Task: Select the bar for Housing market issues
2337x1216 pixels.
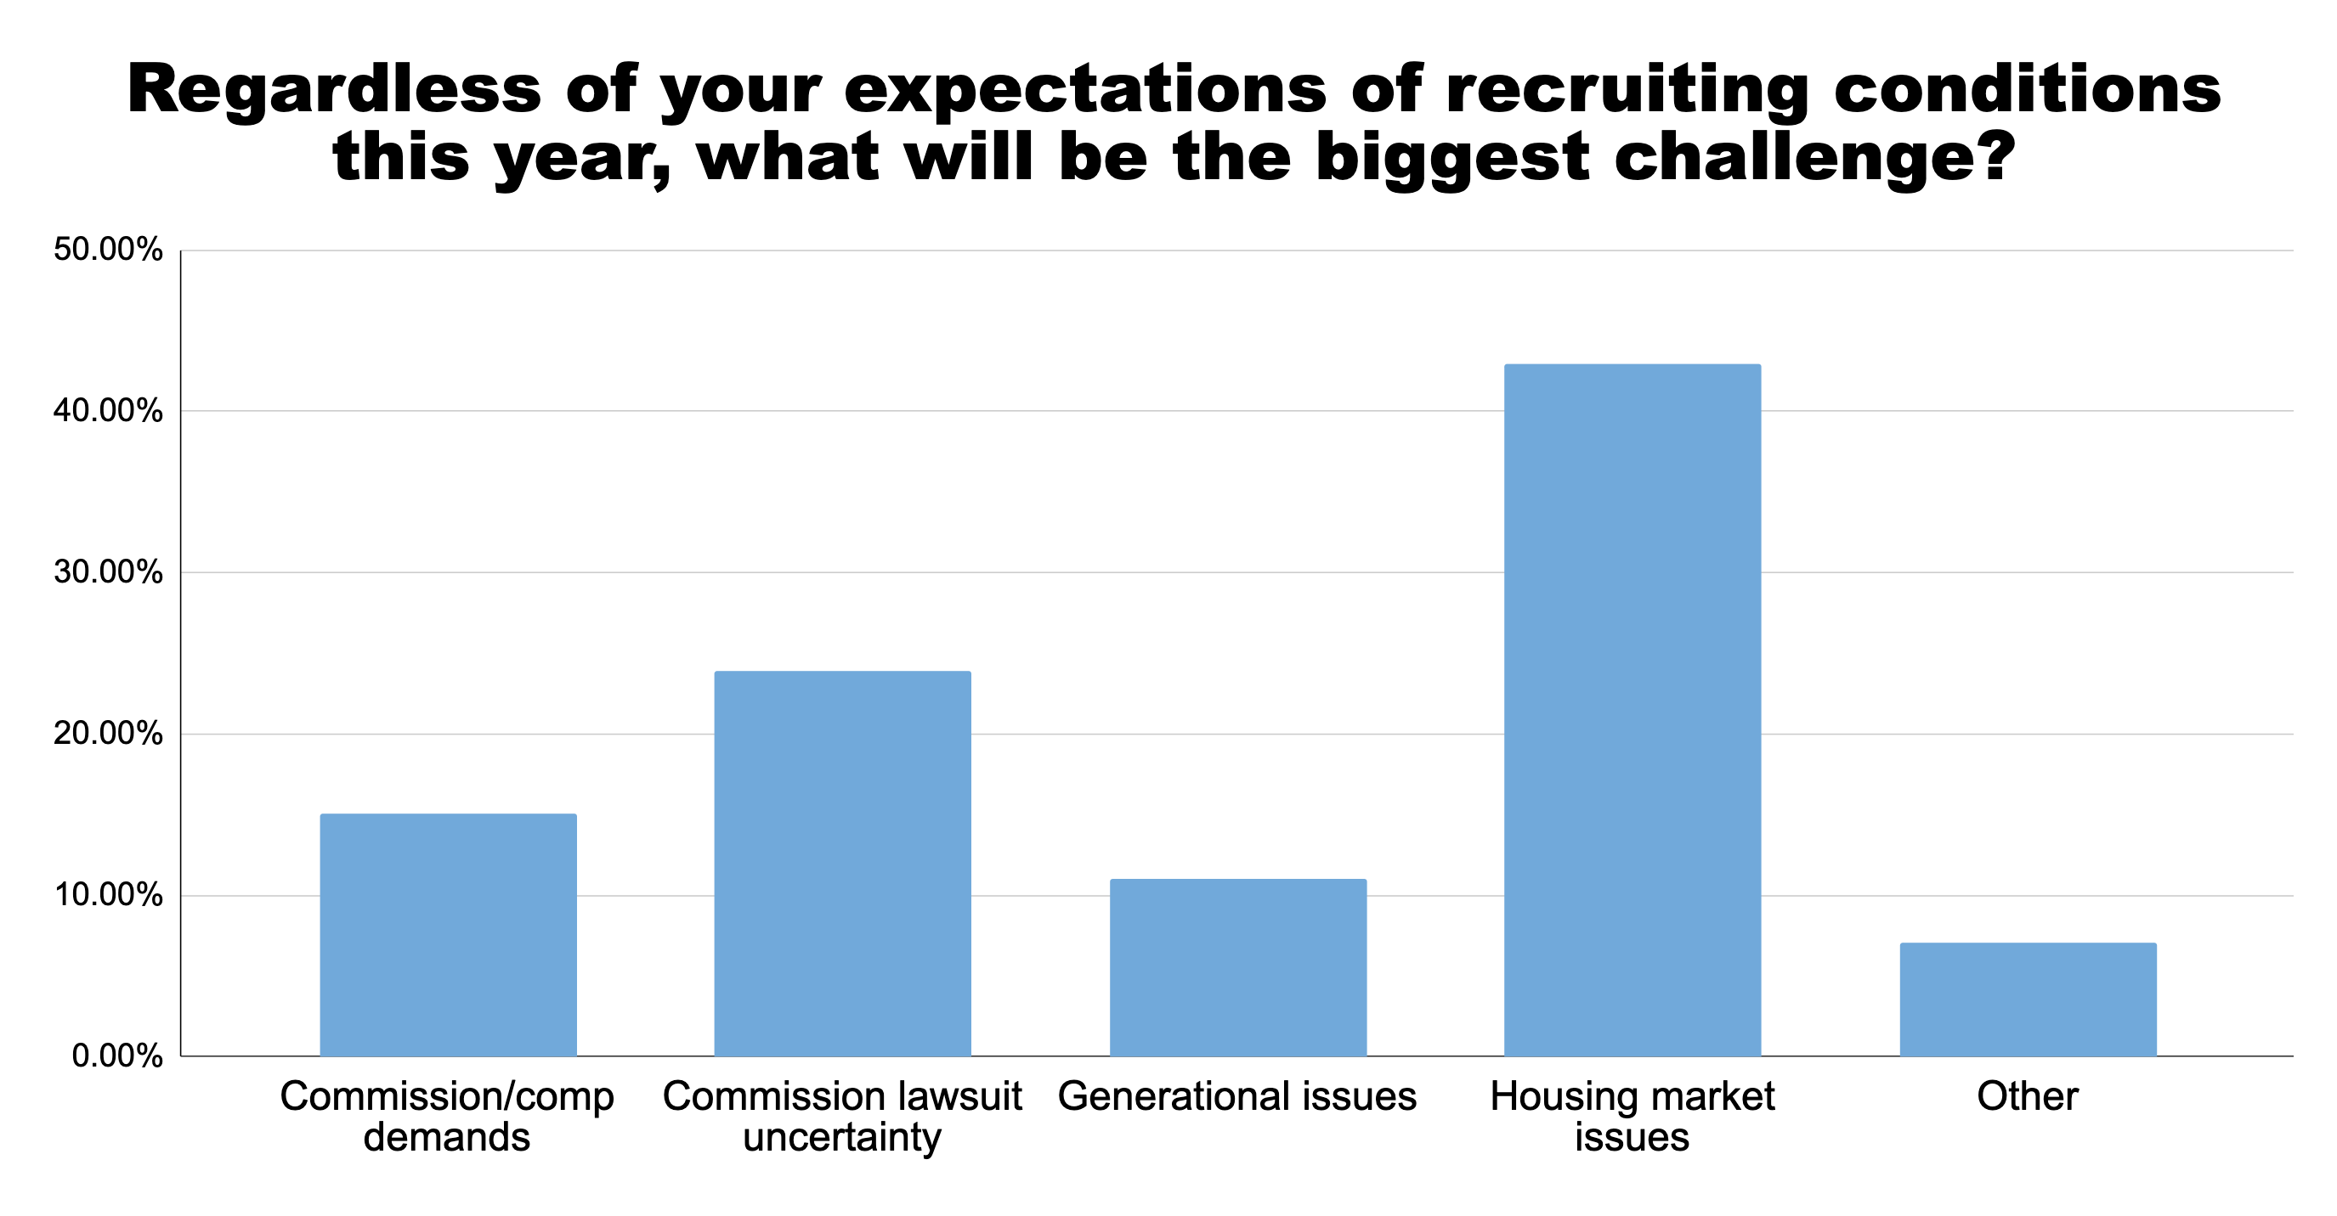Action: pyautogui.click(x=1633, y=710)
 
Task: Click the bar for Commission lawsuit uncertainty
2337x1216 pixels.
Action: pyautogui.click(x=842, y=864)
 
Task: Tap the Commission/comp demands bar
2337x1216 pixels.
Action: pyautogui.click(x=448, y=935)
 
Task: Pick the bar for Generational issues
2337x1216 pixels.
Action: pyautogui.click(x=1237, y=967)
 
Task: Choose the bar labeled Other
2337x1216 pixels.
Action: pyautogui.click(x=2028, y=999)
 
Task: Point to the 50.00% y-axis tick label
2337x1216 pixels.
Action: pyautogui.click(x=108, y=250)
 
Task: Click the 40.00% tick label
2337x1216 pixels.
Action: pyautogui.click(x=108, y=411)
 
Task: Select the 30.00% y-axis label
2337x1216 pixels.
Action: pyautogui.click(x=108, y=572)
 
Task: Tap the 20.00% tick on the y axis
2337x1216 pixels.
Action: pyautogui.click(x=108, y=734)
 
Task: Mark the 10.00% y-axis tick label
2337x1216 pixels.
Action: pyautogui.click(x=108, y=895)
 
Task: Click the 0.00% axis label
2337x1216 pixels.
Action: pyautogui.click(x=117, y=1056)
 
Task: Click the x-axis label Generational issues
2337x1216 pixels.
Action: pyautogui.click(x=1237, y=1096)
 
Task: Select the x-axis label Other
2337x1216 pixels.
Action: pyautogui.click(x=2028, y=1096)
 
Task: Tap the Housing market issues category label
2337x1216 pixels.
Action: pyautogui.click(x=1633, y=1117)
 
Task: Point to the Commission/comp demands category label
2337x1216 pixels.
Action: pyautogui.click(x=447, y=1117)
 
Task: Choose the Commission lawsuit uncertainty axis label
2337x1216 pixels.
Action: pyautogui.click(x=842, y=1117)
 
